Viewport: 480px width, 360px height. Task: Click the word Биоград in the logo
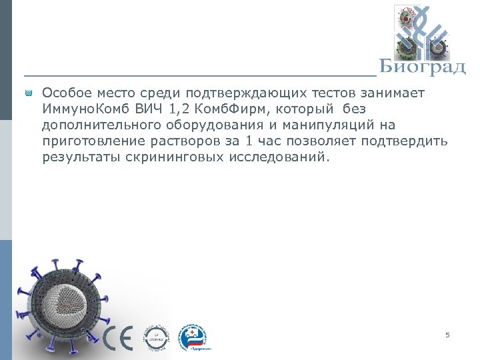pos(422,67)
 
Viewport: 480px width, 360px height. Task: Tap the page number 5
pos(448,335)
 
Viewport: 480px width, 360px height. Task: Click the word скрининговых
pos(167,157)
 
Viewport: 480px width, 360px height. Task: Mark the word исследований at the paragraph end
pos(273,157)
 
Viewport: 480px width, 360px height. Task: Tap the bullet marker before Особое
pos(29,93)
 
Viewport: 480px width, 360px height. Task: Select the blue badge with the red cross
pos(194,337)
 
